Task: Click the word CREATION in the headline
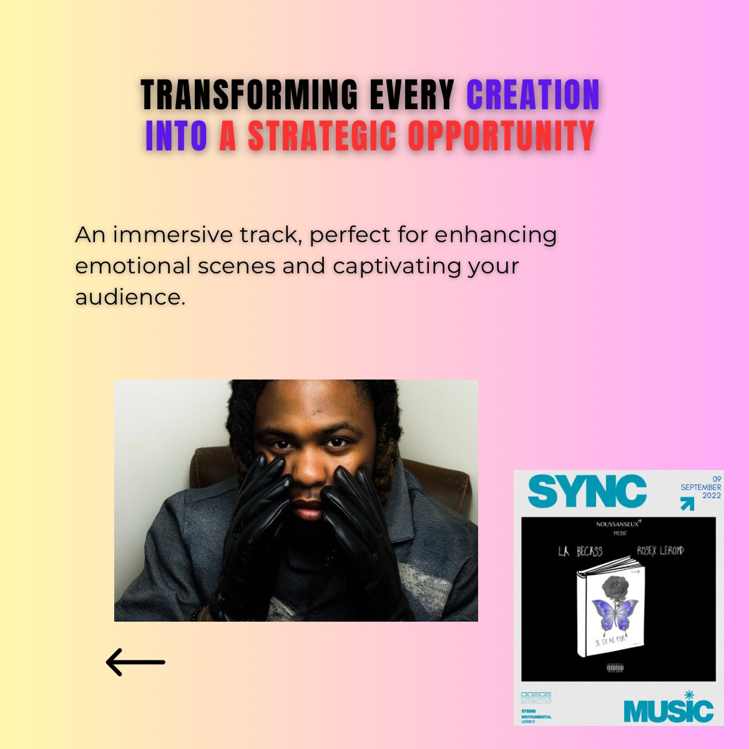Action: (x=533, y=95)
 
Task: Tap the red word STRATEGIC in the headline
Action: (x=322, y=135)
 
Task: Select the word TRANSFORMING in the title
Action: (x=250, y=95)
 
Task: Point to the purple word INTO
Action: (x=176, y=135)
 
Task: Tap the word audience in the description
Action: (x=130, y=296)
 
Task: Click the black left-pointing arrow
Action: (x=135, y=662)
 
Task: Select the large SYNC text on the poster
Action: (x=587, y=492)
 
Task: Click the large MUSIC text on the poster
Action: (x=668, y=712)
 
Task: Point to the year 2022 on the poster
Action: (x=711, y=496)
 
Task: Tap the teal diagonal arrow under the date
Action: (x=687, y=504)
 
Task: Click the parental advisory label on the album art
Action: (x=614, y=669)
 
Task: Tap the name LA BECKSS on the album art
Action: (x=580, y=551)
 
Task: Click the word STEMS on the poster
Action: (x=529, y=711)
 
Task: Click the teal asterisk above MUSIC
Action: (x=689, y=695)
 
